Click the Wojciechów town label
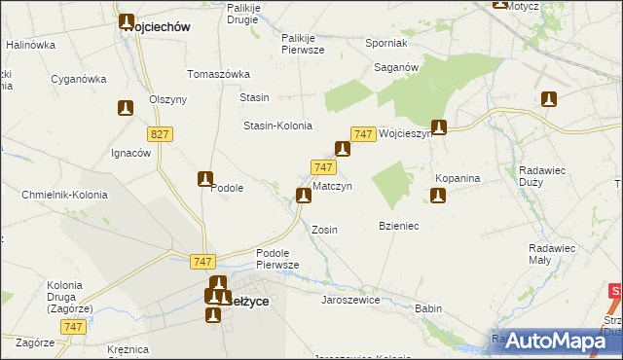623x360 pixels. pos(156,28)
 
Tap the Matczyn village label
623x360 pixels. pos(332,185)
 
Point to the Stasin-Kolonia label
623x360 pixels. pos(277,126)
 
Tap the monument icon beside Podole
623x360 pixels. pos(205,178)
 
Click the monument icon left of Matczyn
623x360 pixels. pos(304,196)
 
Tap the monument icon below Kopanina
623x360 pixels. pos(438,197)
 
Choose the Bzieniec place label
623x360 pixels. pos(398,226)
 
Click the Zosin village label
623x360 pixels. pos(324,230)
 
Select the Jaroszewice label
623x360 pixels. pos(350,300)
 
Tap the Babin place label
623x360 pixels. pos(428,308)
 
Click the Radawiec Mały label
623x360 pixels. pos(552,254)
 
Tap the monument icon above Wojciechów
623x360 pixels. pos(127,20)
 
